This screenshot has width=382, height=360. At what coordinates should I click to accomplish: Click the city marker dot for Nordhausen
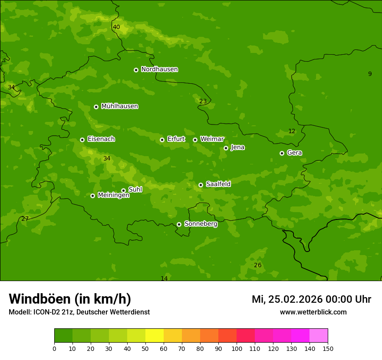coord(136,70)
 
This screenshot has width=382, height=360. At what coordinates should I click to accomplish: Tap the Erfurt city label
coord(176,139)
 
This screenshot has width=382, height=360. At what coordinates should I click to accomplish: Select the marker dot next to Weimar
coord(195,140)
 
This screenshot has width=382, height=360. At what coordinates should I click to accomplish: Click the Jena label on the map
coord(237,147)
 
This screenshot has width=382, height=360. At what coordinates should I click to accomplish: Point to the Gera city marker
coord(282,153)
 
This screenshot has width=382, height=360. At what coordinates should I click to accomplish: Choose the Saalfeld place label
coord(218,184)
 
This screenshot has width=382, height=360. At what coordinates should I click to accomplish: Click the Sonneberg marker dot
coord(179,224)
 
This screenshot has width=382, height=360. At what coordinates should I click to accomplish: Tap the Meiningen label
coord(113,195)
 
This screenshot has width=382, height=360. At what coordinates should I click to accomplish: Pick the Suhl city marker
coord(123,190)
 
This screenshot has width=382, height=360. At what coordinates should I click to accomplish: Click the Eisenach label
coord(101,139)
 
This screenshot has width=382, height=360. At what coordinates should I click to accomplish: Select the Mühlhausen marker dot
coord(96,107)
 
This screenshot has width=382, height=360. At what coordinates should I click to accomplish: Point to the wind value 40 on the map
coord(116,27)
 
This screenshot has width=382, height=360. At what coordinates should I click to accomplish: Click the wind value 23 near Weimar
coord(203,101)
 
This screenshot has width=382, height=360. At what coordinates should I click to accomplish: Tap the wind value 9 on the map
coord(370,74)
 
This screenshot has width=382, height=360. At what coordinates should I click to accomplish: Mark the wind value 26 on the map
coord(257,265)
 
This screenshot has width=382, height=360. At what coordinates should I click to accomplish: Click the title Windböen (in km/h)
coord(69,299)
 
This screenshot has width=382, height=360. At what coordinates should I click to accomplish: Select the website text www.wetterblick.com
coord(313,312)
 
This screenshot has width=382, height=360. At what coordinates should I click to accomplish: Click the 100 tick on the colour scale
coord(237,348)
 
